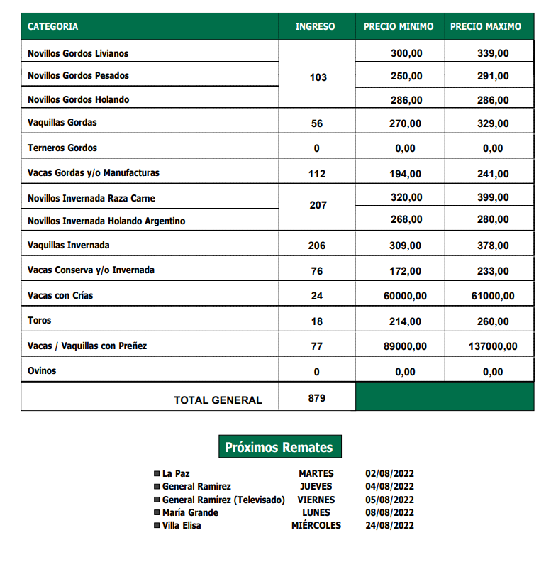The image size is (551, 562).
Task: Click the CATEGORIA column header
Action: click(53, 27)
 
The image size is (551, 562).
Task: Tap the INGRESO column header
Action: click(316, 27)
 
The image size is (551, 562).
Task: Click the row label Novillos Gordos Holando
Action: click(78, 100)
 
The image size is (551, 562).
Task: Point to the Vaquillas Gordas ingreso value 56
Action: click(317, 123)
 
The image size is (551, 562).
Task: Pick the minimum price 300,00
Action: click(406, 53)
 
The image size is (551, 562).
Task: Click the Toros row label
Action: click(40, 321)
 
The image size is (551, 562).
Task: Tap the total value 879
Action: click(317, 398)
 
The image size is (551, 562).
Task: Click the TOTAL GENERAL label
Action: click(218, 400)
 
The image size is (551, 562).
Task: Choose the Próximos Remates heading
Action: click(279, 448)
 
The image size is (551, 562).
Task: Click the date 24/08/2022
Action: click(389, 526)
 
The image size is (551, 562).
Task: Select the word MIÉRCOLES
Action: click(316, 526)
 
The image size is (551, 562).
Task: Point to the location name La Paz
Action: click(176, 473)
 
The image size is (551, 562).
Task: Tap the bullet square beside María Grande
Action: click(157, 513)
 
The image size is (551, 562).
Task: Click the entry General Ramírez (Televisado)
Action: click(223, 500)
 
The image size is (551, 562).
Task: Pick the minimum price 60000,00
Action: click(406, 296)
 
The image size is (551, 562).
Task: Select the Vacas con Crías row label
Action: click(60, 295)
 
